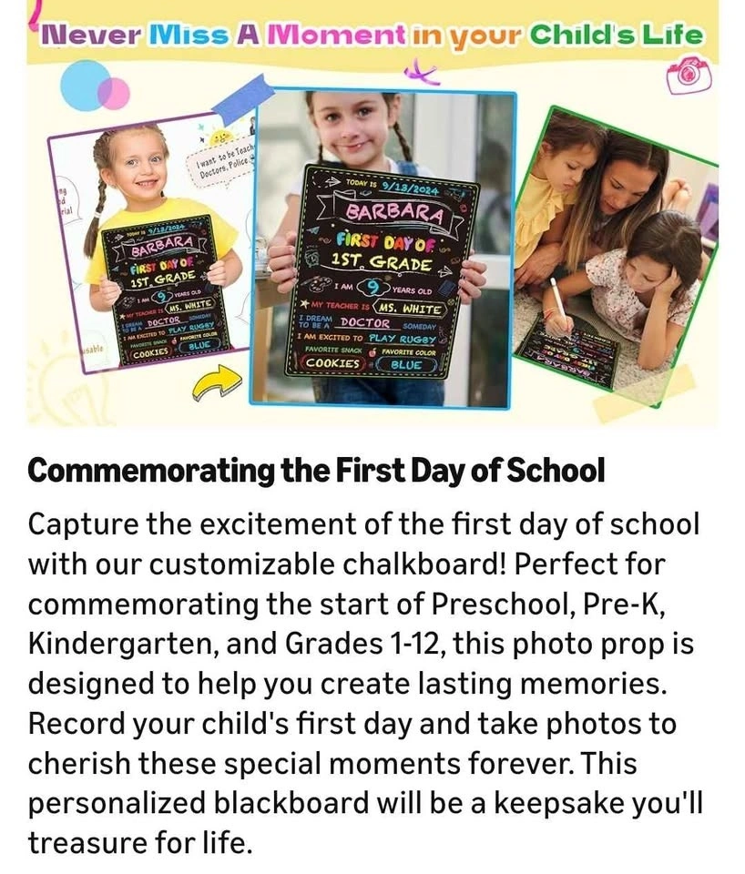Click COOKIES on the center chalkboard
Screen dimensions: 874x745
333,363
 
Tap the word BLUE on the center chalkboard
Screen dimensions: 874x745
407,364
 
